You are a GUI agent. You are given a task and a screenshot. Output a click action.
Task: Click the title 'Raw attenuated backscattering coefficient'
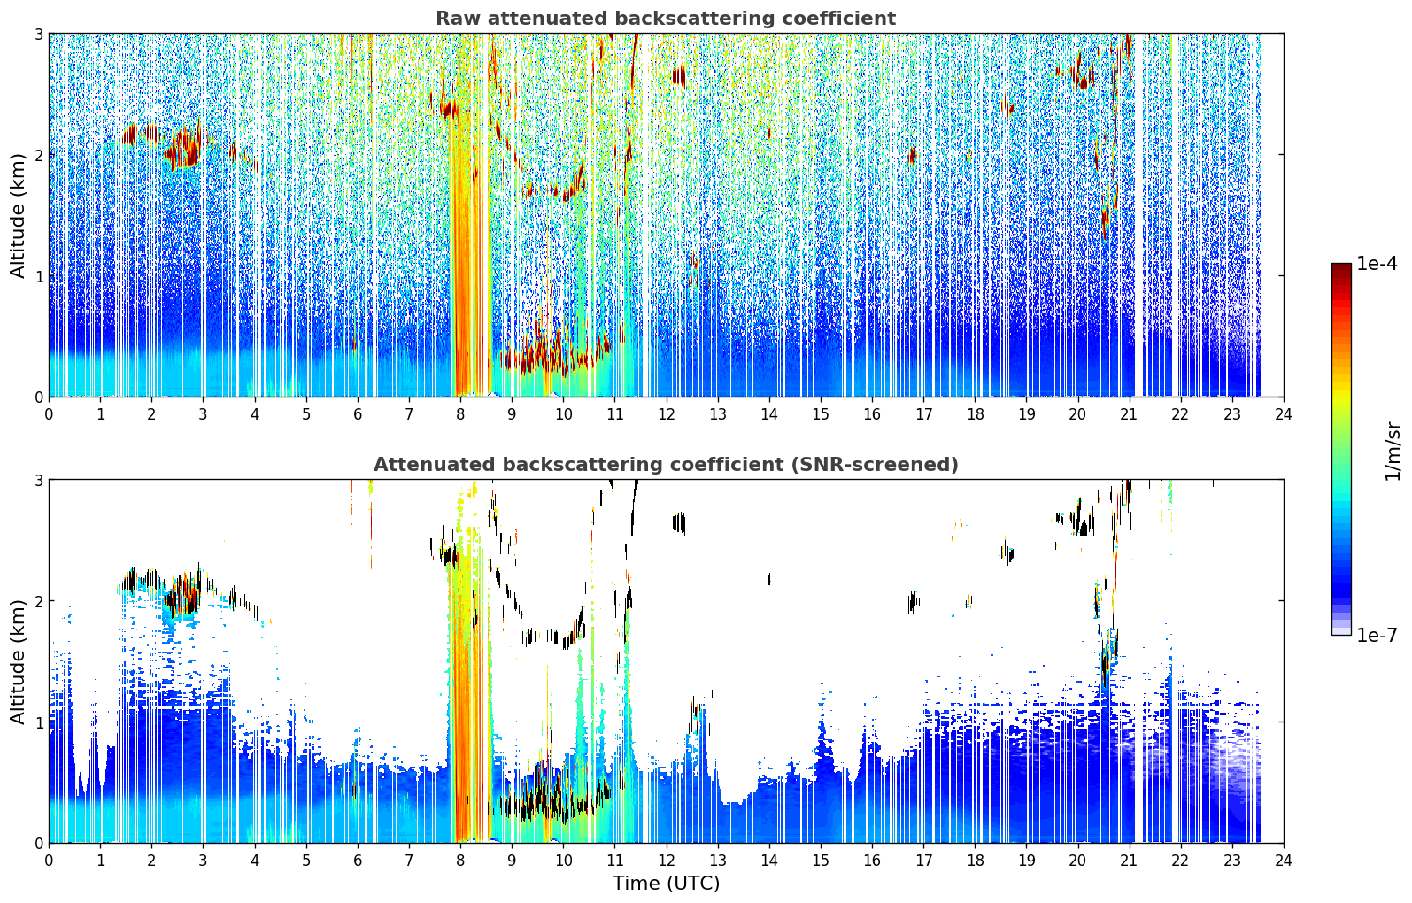click(x=666, y=19)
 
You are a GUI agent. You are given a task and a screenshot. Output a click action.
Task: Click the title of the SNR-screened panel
click(x=666, y=464)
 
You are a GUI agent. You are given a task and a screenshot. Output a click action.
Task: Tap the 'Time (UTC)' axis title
click(x=666, y=883)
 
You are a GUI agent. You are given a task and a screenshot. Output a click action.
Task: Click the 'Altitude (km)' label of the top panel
click(x=18, y=216)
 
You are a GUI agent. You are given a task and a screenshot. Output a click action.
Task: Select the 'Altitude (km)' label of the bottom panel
click(x=18, y=661)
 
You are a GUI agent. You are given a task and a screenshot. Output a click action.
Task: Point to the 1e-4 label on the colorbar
click(x=1377, y=264)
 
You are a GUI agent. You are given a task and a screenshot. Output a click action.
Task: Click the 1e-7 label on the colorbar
click(x=1377, y=635)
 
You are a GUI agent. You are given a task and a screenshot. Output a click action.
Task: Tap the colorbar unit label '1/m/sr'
click(x=1393, y=451)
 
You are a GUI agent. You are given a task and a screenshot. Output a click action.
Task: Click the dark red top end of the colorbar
click(x=1341, y=267)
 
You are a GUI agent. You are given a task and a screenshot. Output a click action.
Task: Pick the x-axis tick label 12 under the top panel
click(x=667, y=414)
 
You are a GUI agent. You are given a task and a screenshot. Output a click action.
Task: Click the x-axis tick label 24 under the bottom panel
click(x=1284, y=861)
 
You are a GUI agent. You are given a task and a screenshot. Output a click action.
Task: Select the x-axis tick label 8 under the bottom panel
click(x=461, y=861)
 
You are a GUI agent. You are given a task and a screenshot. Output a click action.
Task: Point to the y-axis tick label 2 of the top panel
click(x=38, y=155)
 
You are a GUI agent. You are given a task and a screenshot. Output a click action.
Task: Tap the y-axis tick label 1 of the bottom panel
click(x=38, y=722)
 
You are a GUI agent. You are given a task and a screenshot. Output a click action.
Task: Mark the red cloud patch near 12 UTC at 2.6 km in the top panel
click(x=678, y=76)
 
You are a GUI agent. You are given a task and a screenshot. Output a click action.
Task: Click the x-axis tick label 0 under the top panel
click(x=50, y=414)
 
